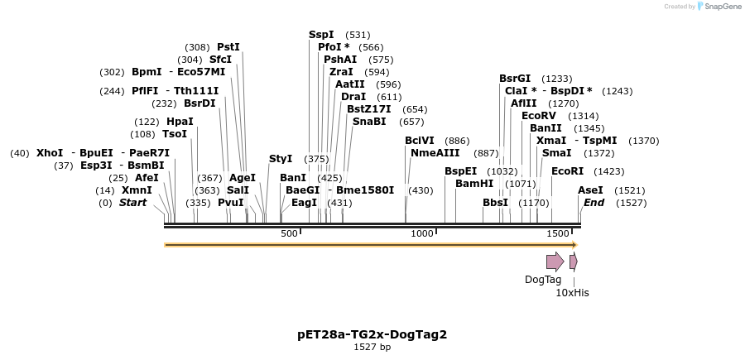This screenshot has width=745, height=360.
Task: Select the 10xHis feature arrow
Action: coord(573,262)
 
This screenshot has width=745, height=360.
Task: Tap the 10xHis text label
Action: coord(572,292)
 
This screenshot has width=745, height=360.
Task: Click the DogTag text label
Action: coord(543,280)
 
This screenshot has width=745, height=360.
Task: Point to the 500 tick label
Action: coord(289,234)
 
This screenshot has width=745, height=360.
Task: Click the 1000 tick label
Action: coord(422,234)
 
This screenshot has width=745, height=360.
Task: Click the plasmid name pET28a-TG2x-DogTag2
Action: coord(372,334)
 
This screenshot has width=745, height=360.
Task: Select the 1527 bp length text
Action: coord(372,347)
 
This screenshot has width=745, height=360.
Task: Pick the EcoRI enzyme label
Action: coord(567,171)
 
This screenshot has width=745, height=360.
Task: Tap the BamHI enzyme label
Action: coord(474,184)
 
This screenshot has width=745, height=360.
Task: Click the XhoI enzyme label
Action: coord(50,153)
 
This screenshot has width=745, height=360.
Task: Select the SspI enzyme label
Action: coord(321,35)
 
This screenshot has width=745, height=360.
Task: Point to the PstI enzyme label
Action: coord(228,47)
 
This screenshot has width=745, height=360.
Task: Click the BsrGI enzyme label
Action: coord(515,79)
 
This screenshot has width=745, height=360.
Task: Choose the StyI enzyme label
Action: coord(281,159)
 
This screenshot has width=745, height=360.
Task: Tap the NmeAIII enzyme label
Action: coord(435,153)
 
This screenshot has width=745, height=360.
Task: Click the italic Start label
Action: coord(133,203)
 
